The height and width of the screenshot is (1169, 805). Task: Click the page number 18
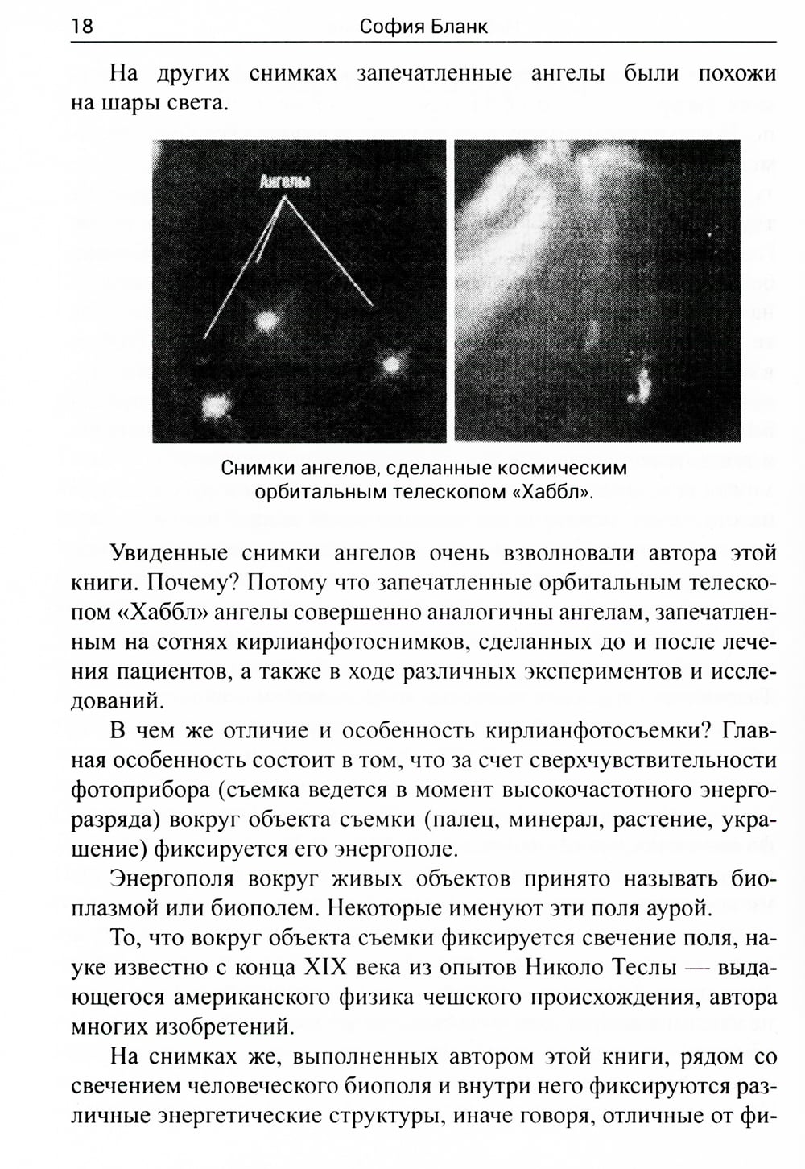coord(82,27)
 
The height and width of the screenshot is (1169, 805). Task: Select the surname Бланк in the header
coord(459,27)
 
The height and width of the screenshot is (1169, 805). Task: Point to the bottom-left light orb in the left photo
coord(214,406)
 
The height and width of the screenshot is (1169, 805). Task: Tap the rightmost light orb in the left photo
coord(391,365)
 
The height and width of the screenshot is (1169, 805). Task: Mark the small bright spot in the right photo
coord(642,386)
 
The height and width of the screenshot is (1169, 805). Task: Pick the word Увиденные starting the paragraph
coord(165,553)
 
